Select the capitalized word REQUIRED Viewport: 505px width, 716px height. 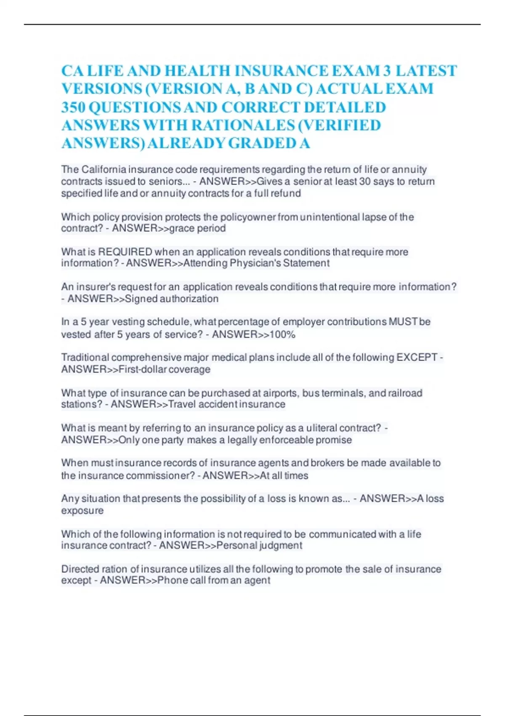(125, 252)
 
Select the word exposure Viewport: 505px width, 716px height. (82, 510)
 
